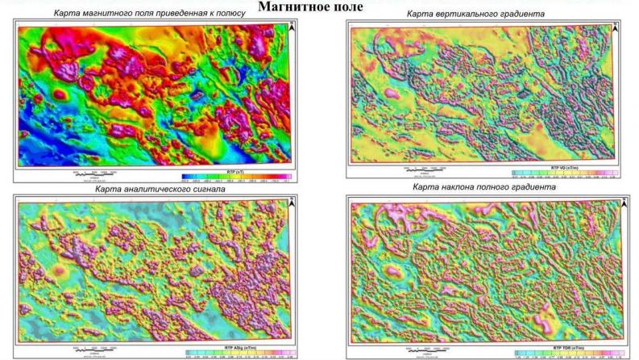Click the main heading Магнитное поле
pyautogui.click(x=310, y=6)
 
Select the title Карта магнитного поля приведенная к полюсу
pyautogui.click(x=149, y=14)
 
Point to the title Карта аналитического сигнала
pyautogui.click(x=153, y=189)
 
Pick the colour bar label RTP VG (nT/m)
pyautogui.click(x=565, y=166)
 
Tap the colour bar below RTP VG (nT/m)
pyautogui.click(x=565, y=172)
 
